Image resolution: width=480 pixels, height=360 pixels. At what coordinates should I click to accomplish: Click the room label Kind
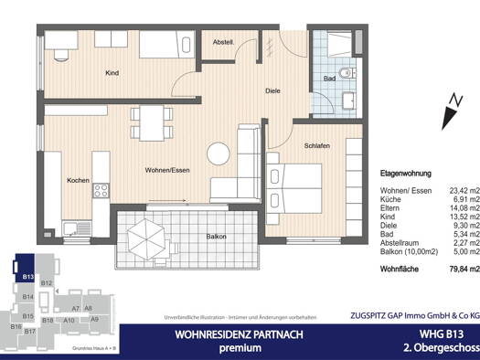(x=112, y=72)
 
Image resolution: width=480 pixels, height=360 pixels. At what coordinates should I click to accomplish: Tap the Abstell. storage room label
(x=223, y=42)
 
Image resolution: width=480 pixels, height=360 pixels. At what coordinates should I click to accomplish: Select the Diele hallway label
(x=272, y=90)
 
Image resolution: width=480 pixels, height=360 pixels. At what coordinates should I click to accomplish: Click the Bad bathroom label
(x=329, y=79)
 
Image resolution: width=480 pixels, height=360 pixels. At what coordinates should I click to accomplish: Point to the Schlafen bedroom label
(x=317, y=145)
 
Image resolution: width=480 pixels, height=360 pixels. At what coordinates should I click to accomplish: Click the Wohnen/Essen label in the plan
(x=166, y=171)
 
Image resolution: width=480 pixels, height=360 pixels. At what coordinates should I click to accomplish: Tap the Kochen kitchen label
(x=78, y=181)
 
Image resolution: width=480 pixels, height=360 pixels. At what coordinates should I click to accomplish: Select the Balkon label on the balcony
(x=216, y=237)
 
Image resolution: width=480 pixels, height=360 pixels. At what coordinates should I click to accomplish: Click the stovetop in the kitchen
(x=101, y=192)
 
